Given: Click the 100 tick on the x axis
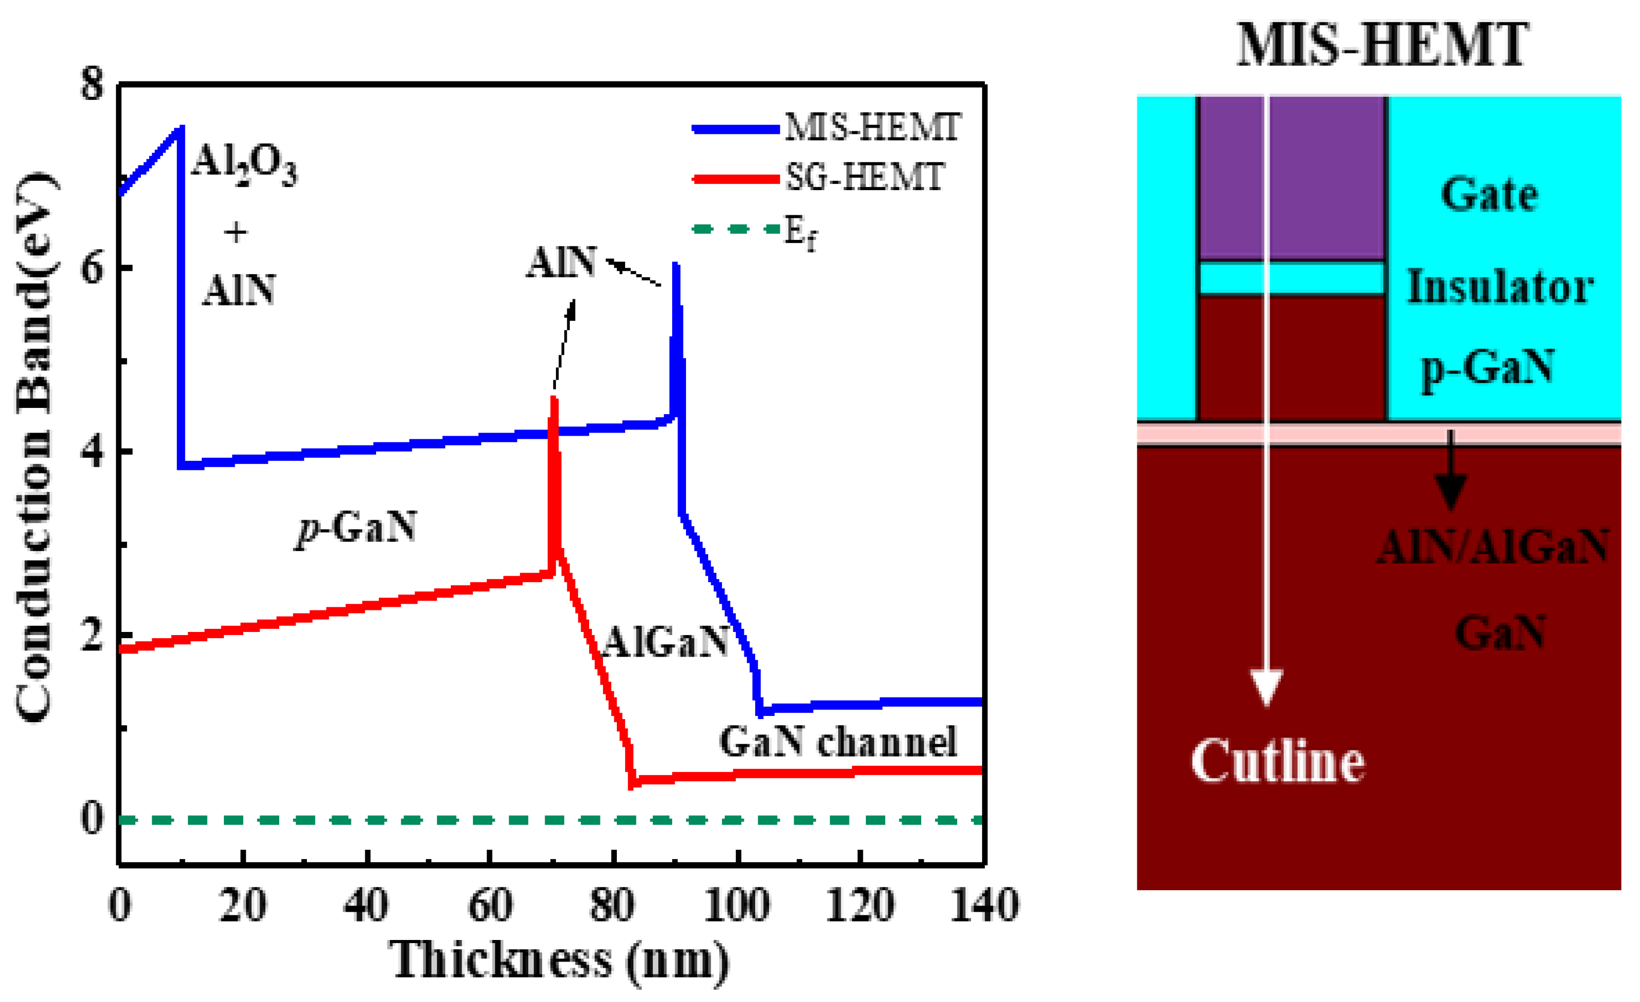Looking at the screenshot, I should point(737,906).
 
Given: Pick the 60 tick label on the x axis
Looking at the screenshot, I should point(490,906).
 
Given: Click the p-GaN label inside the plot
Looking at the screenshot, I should point(357,529).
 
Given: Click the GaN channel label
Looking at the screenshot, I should point(838,742).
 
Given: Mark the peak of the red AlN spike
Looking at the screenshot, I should point(554,398).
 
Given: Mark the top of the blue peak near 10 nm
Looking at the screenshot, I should point(180,127).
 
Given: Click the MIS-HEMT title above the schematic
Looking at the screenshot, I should point(1382,45).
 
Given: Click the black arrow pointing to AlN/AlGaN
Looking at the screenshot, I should point(1451,473).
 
